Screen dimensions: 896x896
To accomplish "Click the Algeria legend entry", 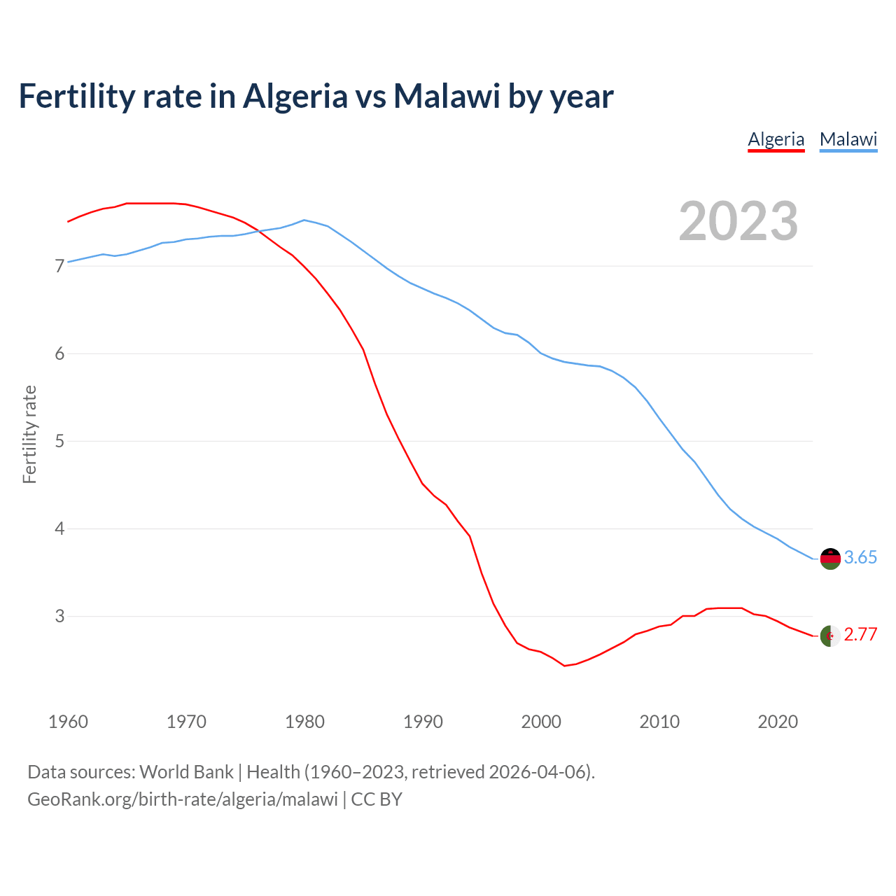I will coord(776,139).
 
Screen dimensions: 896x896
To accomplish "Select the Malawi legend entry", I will coord(848,139).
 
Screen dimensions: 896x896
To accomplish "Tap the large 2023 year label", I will coord(738,221).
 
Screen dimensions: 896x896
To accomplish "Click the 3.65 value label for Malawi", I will coord(860,557).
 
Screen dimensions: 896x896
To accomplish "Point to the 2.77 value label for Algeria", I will coord(860,635).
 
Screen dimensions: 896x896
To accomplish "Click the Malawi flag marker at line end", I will coord(830,559).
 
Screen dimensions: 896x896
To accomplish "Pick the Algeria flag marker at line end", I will coord(830,636).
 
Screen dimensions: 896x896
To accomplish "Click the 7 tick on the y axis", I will coord(59,266).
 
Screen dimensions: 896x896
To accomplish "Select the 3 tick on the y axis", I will coord(59,617).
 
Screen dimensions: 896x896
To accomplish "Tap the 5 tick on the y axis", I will coord(59,442).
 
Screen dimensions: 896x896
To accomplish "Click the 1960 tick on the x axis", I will coord(68,722).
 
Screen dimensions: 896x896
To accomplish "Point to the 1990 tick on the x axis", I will coord(423,722).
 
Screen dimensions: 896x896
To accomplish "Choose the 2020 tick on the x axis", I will coord(778,722).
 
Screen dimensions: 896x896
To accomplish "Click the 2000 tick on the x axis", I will coord(541,722).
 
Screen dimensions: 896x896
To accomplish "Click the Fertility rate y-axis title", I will coord(29,434).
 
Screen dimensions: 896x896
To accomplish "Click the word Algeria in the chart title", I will coord(295,96).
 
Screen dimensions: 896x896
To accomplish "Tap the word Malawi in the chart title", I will coord(447,96).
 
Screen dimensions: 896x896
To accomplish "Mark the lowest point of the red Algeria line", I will coord(564,666).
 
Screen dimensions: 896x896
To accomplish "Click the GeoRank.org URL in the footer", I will coord(182,799).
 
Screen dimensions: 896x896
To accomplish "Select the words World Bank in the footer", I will coord(186,772).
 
